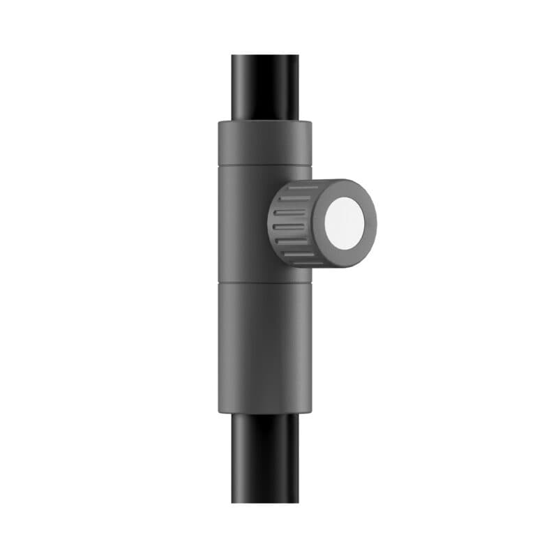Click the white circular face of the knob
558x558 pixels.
coord(344,223)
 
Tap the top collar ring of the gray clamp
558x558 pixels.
coord(264,143)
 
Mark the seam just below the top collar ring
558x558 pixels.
coord(264,167)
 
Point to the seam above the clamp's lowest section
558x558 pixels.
coord(264,282)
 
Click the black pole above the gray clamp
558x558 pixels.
coord(266,87)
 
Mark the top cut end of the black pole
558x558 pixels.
coord(266,56)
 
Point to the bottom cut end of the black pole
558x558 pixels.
coord(266,502)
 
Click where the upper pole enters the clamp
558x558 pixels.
coord(266,121)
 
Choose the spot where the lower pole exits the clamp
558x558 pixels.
coord(266,414)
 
